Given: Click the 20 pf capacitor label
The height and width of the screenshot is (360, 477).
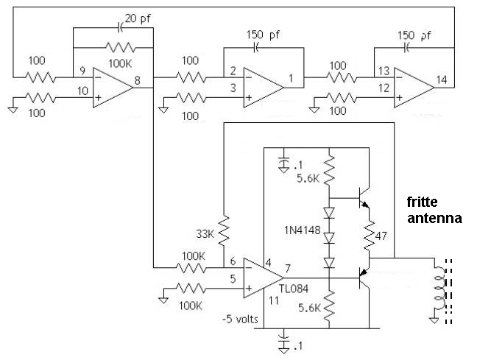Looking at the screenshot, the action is [138, 19].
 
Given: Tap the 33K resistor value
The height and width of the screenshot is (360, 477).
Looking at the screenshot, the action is [205, 233].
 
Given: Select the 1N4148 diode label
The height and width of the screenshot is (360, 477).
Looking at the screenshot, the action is [302, 230].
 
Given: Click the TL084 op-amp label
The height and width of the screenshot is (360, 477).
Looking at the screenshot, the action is [293, 289].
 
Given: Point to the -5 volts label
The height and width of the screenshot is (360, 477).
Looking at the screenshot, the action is [240, 320].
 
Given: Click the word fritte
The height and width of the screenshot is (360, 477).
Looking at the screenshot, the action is [423, 202].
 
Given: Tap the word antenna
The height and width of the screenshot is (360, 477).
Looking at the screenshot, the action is [434, 218].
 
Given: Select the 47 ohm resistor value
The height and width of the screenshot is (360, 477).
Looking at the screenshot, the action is [381, 236].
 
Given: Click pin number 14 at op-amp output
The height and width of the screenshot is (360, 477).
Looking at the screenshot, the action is [442, 80].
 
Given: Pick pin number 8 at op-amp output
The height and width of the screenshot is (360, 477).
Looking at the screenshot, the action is [138, 81].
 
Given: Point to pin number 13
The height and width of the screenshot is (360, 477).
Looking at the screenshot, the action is [384, 71].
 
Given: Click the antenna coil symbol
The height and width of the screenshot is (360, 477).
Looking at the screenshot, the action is [439, 288].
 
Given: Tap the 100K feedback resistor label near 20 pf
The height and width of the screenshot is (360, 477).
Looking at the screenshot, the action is [120, 63].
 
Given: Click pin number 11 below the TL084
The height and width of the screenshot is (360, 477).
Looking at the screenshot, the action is [274, 300].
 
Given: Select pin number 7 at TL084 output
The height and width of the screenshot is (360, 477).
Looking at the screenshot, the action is [288, 269].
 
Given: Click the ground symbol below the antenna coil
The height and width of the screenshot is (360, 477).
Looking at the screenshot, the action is [434, 320].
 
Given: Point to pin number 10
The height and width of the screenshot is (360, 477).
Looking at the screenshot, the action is [82, 91].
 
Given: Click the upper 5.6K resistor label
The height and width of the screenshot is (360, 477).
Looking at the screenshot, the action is [308, 178].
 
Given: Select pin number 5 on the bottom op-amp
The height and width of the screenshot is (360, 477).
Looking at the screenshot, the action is [233, 279].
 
